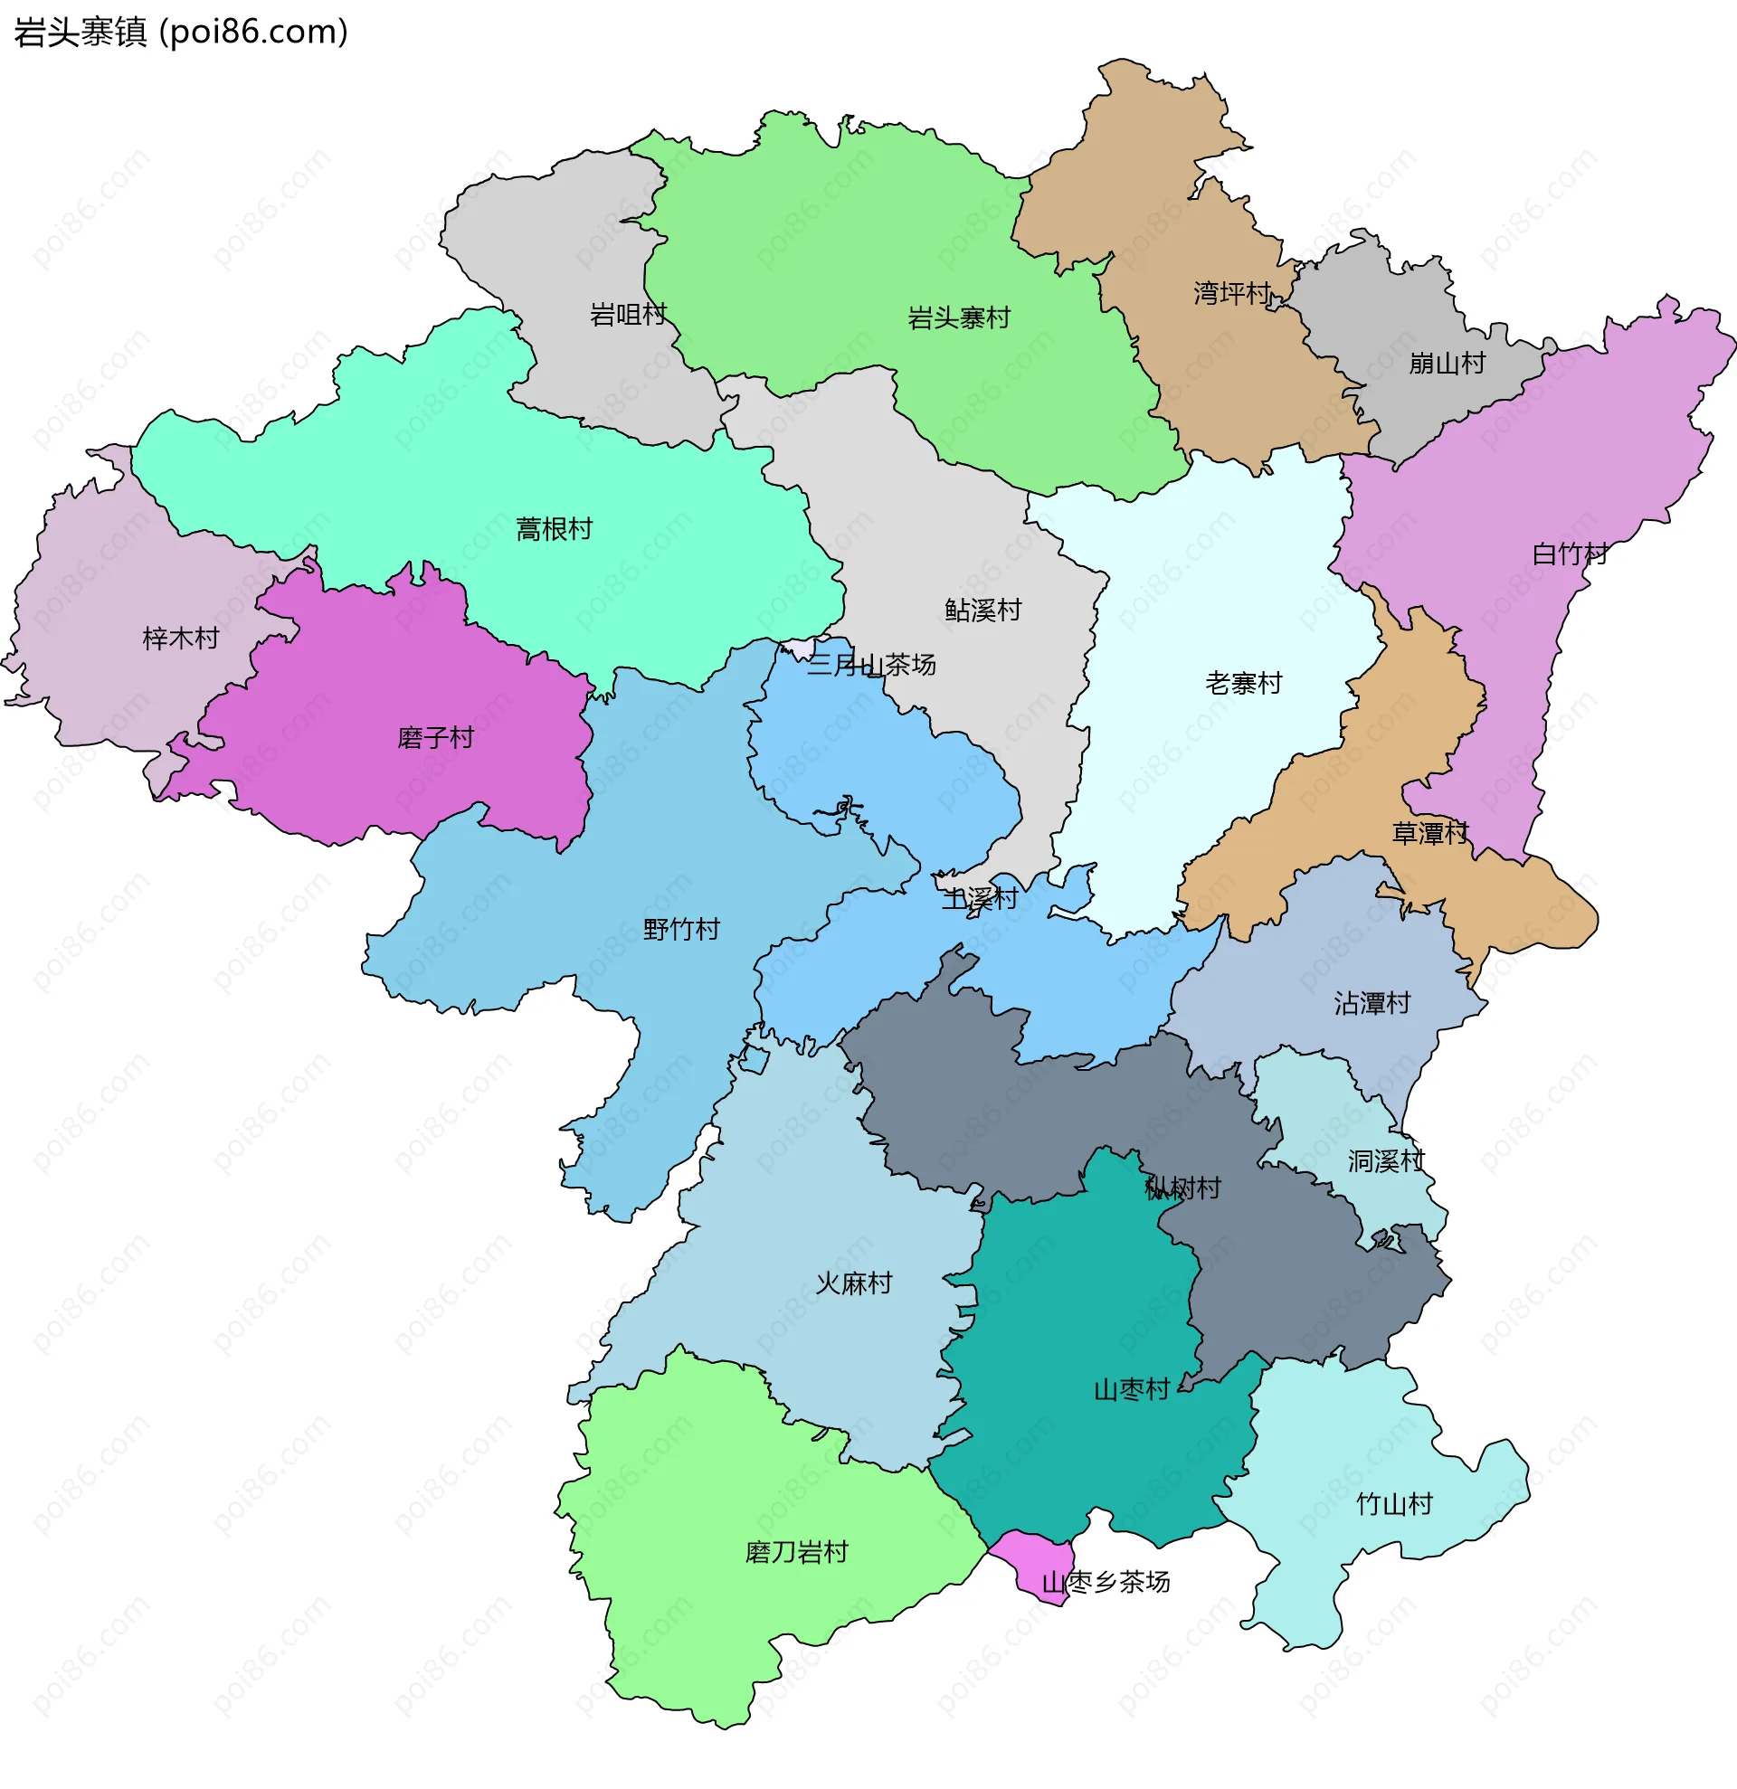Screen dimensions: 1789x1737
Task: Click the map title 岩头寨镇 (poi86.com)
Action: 181,33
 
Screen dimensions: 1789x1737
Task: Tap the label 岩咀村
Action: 628,315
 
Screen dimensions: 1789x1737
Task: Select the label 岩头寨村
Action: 958,318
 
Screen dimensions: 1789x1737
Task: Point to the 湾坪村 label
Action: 1231,294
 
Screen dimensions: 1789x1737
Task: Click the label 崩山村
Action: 1447,364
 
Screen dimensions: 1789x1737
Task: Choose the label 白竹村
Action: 1569,554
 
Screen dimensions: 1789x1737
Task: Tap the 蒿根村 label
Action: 554,529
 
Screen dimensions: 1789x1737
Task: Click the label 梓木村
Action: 181,639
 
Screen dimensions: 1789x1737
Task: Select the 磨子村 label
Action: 435,737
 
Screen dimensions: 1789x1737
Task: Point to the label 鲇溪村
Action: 983,611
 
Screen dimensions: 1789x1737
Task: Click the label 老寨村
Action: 1243,684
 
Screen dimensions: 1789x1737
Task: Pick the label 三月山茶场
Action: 871,666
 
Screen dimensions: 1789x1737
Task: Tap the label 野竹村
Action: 681,930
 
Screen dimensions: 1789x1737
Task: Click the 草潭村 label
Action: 1429,833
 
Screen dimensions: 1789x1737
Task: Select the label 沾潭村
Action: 1372,1004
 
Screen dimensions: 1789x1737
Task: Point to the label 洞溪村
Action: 1386,1162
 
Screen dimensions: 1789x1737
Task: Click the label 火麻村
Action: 853,1284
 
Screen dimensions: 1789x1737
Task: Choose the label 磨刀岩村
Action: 796,1553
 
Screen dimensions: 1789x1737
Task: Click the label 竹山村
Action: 1394,1505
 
